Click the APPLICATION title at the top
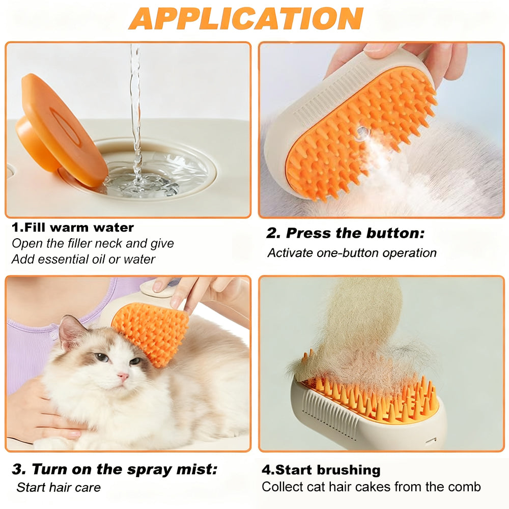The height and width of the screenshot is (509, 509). pos(246,18)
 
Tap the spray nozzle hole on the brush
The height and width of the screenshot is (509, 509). pos(362,132)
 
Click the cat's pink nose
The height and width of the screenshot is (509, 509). pos(123,377)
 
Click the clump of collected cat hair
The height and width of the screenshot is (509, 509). pos(360,331)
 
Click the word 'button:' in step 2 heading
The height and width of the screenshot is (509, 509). pos(395,233)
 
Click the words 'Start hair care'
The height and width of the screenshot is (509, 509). pos(59,487)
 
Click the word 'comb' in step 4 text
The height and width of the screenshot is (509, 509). pos(465,487)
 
